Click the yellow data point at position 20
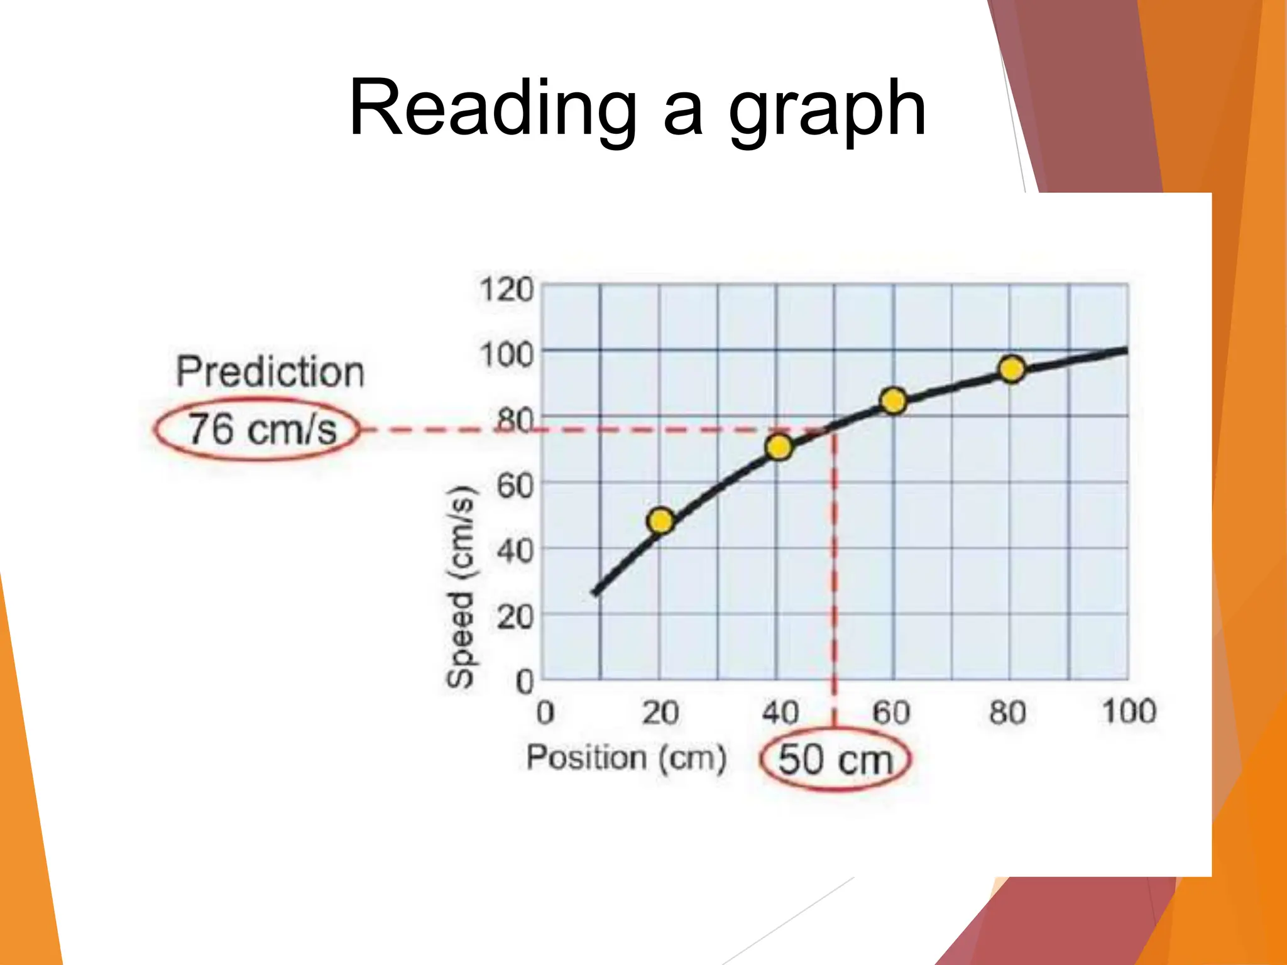click(660, 521)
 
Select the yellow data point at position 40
click(779, 447)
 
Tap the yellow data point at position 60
click(893, 401)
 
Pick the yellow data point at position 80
click(1012, 369)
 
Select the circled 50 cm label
click(835, 759)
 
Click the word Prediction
click(270, 371)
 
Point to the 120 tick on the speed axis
click(507, 290)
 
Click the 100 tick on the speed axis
click(507, 354)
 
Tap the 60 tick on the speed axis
click(515, 486)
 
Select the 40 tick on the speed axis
click(515, 551)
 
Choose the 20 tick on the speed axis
click(515, 617)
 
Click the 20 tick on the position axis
click(660, 713)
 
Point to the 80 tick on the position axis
click(1007, 713)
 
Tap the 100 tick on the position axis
click(1129, 712)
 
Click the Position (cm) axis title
click(627, 758)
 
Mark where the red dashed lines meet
click(835, 430)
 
